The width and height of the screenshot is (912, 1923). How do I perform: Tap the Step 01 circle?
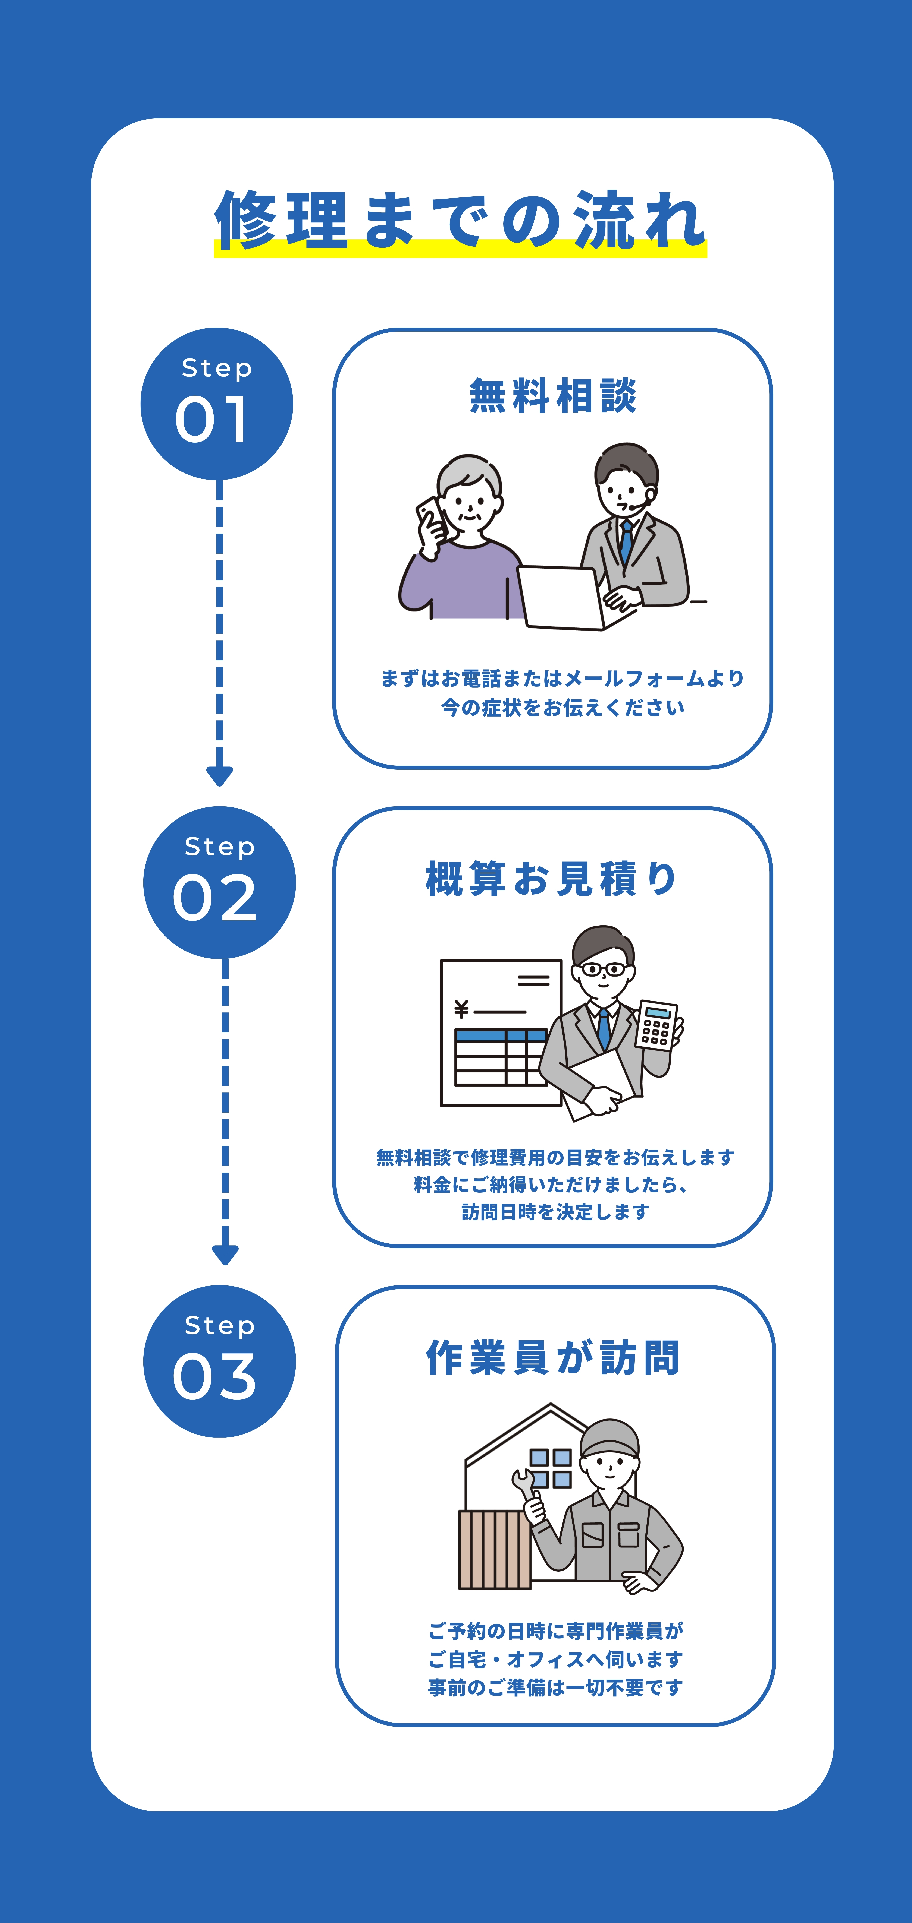pyautogui.click(x=217, y=404)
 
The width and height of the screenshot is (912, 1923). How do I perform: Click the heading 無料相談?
pyautogui.click(x=553, y=396)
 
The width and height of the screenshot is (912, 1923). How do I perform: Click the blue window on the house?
pyautogui.click(x=551, y=1468)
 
